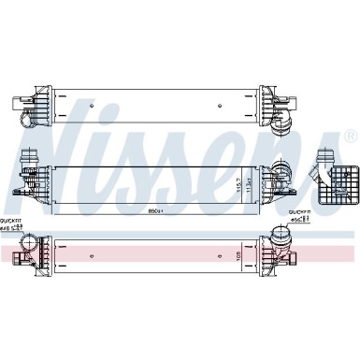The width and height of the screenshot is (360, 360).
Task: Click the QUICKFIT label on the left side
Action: click(12, 219)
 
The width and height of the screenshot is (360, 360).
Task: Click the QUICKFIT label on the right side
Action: click(300, 212)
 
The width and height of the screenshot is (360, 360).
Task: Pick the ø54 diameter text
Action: click(300, 220)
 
